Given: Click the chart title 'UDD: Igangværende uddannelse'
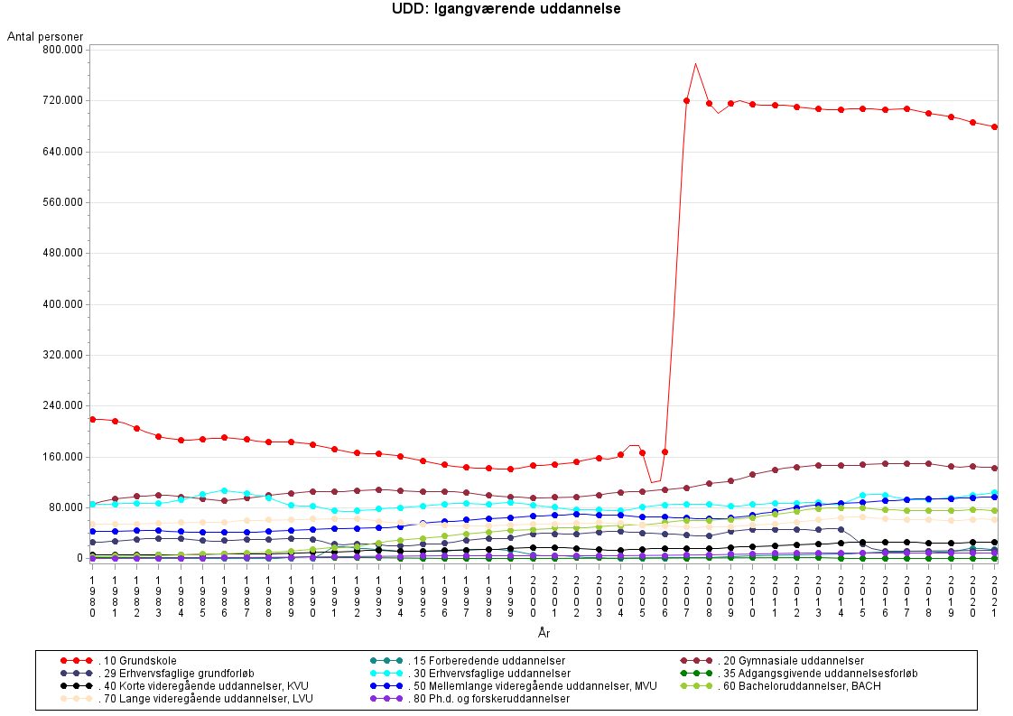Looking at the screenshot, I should [x=506, y=9].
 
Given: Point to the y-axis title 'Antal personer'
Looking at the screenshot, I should [x=45, y=36].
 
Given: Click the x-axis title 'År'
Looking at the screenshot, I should [x=544, y=634].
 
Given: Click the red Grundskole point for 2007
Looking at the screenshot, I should [x=686, y=100].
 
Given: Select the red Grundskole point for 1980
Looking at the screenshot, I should [x=92, y=419].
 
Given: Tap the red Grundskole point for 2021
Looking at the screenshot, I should [x=994, y=127].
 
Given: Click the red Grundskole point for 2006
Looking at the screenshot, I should [x=664, y=451].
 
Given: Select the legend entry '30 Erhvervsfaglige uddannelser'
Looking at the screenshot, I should [x=488, y=674].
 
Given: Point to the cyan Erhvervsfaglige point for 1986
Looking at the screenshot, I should [x=224, y=490].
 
